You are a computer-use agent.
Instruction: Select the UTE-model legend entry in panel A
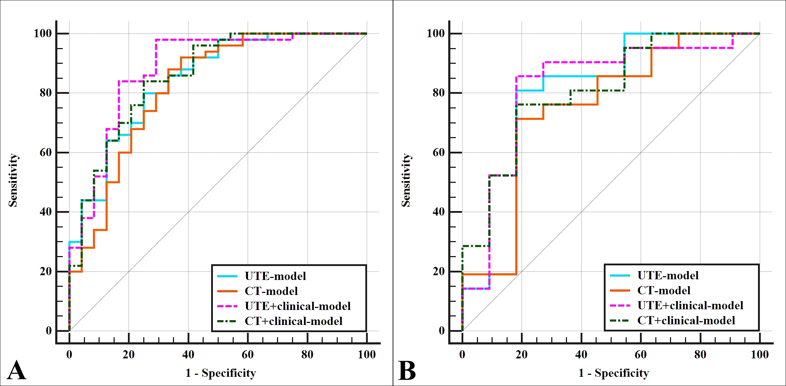coord(275,276)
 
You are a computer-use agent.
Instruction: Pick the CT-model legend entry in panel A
coord(271,291)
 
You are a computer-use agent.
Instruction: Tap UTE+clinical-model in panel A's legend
coord(297,306)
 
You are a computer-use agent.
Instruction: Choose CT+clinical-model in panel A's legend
coord(293,321)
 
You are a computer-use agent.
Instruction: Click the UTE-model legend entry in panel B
coord(668,275)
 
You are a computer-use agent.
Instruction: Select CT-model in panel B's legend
coord(664,290)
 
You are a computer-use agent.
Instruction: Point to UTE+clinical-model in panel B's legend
coord(690,305)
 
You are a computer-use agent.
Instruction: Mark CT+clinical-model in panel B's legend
coord(686,320)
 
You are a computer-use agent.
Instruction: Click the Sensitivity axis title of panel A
coord(13,180)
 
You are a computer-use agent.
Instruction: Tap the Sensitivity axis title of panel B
coord(406,180)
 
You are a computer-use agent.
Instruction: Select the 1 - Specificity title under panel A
coord(221,373)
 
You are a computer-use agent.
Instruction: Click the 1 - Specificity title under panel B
coord(613,373)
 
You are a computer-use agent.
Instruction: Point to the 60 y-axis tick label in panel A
coord(46,152)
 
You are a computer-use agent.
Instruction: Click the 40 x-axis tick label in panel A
coord(188,355)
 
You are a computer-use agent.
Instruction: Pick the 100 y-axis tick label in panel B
coord(436,33)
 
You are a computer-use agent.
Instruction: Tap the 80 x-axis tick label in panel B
coord(700,355)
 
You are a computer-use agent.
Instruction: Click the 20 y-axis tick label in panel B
coord(439,271)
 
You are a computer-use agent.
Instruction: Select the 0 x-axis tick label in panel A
coord(69,355)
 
